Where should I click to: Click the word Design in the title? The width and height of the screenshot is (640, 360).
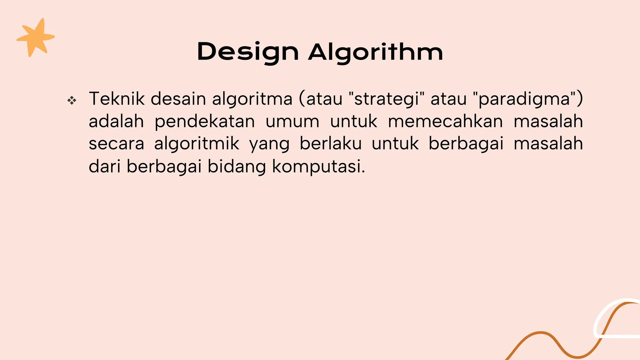[248, 52]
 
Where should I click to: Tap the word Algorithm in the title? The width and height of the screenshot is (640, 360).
[376, 52]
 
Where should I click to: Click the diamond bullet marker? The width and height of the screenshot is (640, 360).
[72, 101]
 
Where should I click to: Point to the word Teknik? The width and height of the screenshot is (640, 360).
[117, 99]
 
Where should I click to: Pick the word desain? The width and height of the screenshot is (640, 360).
[178, 99]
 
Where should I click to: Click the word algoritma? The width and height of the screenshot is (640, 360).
[252, 99]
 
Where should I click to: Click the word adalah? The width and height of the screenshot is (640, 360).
[116, 121]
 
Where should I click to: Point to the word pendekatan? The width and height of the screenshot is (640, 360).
[205, 122]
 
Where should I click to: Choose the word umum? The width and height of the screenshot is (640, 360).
[292, 122]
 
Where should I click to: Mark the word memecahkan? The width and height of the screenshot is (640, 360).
[445, 121]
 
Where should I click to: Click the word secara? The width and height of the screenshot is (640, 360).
[116, 144]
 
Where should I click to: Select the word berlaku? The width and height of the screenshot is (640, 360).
[331, 144]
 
